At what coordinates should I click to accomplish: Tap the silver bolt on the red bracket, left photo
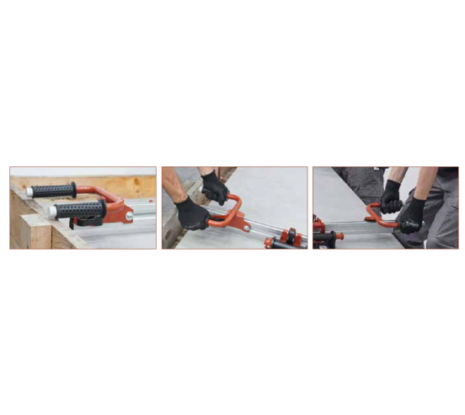[x=129, y=217]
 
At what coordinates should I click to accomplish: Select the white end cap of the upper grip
[x=29, y=191]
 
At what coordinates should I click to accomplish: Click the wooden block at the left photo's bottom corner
[x=30, y=232]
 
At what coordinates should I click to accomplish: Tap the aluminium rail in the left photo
[x=143, y=229]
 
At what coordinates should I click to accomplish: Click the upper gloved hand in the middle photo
[x=216, y=186]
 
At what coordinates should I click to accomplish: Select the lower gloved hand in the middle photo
[x=193, y=214]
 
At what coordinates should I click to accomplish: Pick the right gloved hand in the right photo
[x=413, y=213]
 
